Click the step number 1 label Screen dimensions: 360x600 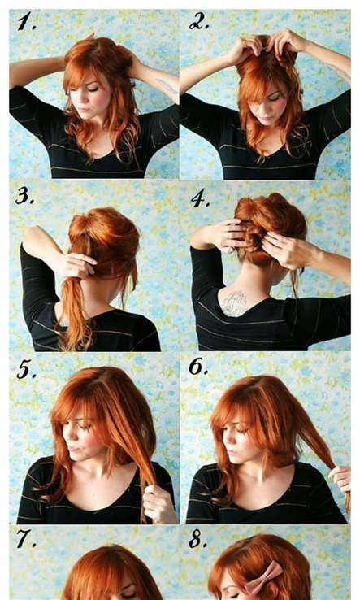[x=26, y=21]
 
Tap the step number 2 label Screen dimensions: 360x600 [x=198, y=21]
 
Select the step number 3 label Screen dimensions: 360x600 [x=25, y=196]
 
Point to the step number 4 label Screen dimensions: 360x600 [x=200, y=198]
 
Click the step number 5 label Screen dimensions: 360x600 [x=26, y=370]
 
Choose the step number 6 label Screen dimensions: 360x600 [x=198, y=367]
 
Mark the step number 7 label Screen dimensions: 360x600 [x=26, y=539]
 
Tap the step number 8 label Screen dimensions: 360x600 [x=198, y=540]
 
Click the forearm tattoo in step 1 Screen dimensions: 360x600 [x=167, y=86]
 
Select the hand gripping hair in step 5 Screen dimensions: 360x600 [x=158, y=502]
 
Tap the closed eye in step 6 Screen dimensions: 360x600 [x=242, y=430]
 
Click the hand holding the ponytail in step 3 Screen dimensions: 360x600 [x=79, y=266]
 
